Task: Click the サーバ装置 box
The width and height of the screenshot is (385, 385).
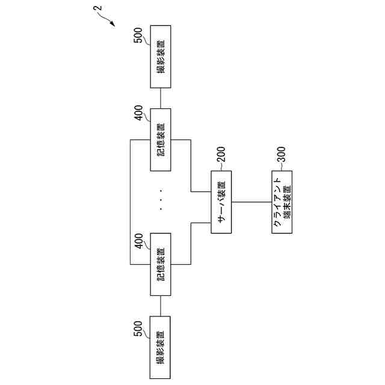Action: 221,203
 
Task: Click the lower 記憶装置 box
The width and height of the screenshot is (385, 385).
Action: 161,264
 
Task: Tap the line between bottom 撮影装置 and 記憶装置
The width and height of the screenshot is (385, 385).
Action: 161,307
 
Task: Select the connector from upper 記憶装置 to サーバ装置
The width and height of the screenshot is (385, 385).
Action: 191,168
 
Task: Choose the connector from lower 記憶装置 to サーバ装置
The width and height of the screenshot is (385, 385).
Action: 191,241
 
